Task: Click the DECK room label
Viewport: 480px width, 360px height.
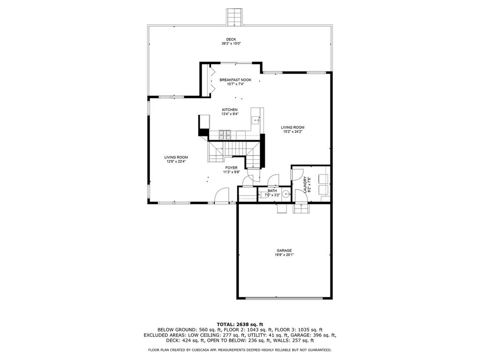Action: tap(231, 39)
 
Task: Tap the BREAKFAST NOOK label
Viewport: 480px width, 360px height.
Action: tap(235, 80)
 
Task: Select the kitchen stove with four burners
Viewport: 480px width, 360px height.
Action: tap(225, 135)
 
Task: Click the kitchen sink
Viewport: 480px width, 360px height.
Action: tap(256, 120)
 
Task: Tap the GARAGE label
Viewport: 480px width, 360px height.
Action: tap(285, 250)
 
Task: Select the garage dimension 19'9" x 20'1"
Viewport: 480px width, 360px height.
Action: tap(285, 255)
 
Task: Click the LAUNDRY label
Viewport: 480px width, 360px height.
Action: tap(305, 185)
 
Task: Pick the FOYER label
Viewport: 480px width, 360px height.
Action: tap(232, 168)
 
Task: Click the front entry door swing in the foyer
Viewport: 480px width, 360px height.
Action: tap(222, 195)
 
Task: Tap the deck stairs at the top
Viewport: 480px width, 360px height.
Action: tap(234, 17)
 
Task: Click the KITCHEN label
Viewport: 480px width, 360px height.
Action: tap(230, 110)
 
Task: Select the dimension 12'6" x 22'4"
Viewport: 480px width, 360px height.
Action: tap(176, 162)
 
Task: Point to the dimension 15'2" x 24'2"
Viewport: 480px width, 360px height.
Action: tap(292, 132)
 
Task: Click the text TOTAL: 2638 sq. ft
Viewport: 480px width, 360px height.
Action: tap(240, 324)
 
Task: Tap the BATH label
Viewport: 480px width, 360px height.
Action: tap(272, 191)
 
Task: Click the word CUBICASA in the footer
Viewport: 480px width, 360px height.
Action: tap(202, 350)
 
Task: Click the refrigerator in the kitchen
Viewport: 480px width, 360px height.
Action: tap(204, 122)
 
